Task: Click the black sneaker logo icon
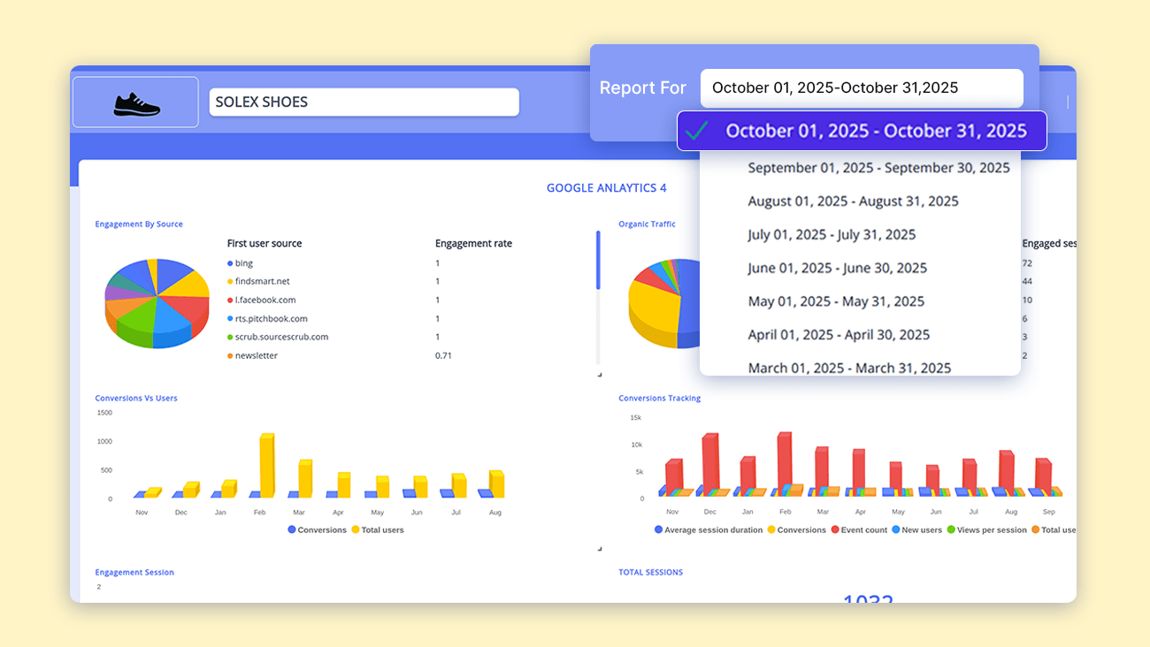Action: pos(136,103)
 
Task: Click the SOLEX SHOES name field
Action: pos(364,102)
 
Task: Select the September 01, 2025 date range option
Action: pos(878,168)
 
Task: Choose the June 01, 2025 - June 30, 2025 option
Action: pos(837,268)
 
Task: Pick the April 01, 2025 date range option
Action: pos(839,335)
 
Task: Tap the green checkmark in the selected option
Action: pos(697,131)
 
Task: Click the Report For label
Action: pos(642,88)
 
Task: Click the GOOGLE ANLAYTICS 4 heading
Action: pos(606,188)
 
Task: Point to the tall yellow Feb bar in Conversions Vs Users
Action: pos(266,465)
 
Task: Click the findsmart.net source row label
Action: pos(262,281)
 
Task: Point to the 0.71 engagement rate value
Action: pos(443,355)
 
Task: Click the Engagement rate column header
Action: pos(473,244)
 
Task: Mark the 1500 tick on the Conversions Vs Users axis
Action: pos(104,413)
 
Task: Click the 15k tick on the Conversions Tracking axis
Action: pos(635,417)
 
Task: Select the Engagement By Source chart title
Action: pos(139,225)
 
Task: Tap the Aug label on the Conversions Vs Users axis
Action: pos(494,513)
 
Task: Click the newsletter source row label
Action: pos(256,355)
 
